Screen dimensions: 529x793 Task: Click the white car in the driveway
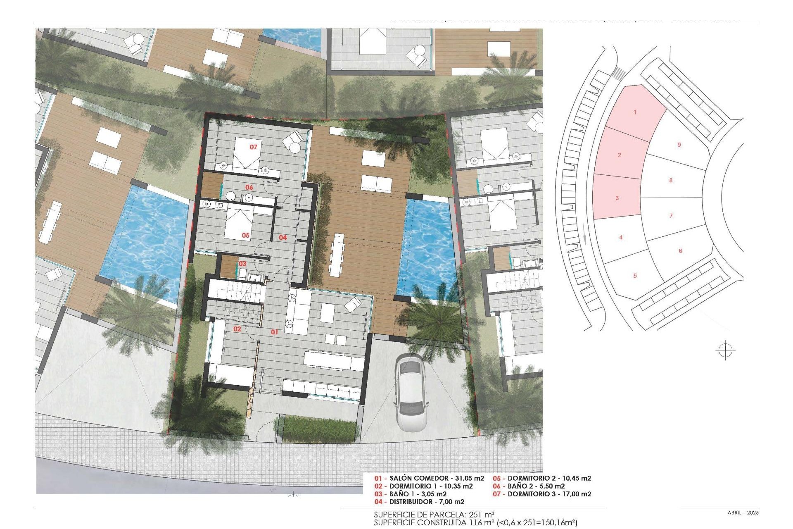(x=411, y=392)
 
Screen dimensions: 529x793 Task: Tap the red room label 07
(x=253, y=147)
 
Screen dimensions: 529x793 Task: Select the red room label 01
(x=275, y=331)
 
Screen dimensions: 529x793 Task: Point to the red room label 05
(x=246, y=235)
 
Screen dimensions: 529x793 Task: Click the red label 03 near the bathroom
(x=242, y=263)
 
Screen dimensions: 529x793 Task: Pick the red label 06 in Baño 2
(x=249, y=187)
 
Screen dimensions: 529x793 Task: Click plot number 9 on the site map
(x=679, y=145)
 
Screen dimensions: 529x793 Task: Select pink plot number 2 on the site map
(x=619, y=155)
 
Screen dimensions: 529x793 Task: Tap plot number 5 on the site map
(x=635, y=275)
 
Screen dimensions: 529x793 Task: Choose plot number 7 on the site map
(x=671, y=215)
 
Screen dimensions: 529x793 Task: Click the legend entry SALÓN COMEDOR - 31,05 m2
(x=430, y=478)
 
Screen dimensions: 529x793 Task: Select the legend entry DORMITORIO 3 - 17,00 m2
(x=542, y=494)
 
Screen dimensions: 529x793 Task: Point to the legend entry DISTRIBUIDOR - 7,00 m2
(x=419, y=502)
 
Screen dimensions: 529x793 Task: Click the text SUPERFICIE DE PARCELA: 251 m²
(x=434, y=515)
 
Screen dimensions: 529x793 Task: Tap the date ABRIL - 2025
(x=743, y=512)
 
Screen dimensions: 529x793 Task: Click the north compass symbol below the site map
(x=725, y=351)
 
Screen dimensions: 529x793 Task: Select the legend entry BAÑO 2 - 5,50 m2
(x=529, y=486)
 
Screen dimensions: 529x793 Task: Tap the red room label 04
(x=283, y=237)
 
